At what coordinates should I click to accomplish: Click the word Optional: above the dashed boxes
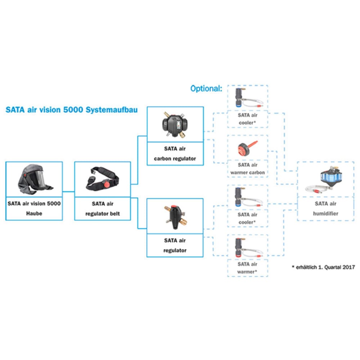206,89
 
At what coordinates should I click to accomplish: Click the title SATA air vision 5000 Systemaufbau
71,110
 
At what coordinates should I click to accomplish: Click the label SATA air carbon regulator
175,153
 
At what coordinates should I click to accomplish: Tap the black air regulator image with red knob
175,215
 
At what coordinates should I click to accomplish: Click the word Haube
34,213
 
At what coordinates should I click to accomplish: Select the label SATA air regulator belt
103,208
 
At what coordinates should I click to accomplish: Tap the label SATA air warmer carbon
248,169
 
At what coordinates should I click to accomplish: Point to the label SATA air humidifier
326,208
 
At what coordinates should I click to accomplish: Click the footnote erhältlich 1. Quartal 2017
323,267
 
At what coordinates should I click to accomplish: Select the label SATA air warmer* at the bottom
247,268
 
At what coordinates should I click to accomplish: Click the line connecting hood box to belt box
68,191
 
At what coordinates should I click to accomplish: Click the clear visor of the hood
41,179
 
